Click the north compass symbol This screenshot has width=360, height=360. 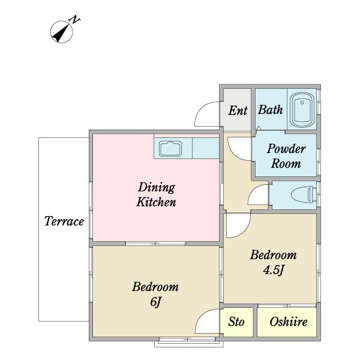coord(61,32)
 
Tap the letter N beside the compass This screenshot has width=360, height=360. coord(74,20)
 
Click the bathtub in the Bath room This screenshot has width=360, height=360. coord(302,110)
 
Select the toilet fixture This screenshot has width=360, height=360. coord(304,194)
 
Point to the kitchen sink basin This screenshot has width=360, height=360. coord(170,149)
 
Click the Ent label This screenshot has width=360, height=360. coord(238,110)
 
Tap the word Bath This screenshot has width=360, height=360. coord(270,110)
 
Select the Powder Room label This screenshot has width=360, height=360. coord(286,156)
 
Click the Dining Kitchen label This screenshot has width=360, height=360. coord(156,194)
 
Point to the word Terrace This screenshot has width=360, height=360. coord(64,221)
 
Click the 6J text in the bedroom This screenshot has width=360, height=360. coord(156,301)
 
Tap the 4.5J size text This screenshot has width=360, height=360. coord(274,269)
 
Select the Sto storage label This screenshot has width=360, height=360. coord(236,322)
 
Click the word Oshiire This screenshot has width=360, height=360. coord(289,322)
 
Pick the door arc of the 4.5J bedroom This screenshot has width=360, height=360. coord(244,231)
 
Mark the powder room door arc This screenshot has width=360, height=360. coord(234,154)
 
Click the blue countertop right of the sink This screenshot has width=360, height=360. coord(205,148)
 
